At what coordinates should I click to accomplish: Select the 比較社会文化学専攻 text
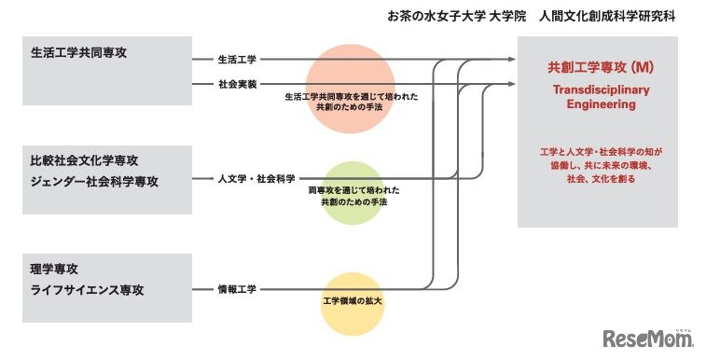click(85, 160)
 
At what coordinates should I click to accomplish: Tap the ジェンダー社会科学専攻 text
click(95, 181)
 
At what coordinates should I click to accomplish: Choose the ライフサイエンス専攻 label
click(91, 290)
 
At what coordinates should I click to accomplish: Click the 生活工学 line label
click(238, 60)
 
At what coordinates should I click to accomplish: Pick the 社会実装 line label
click(238, 84)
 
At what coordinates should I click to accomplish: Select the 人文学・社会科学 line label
click(256, 177)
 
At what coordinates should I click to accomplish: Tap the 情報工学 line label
click(238, 289)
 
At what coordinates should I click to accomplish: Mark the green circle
click(352, 193)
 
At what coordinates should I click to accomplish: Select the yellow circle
click(352, 304)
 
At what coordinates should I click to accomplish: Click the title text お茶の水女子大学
click(434, 17)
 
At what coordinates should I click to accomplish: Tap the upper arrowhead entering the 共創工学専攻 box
click(511, 60)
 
